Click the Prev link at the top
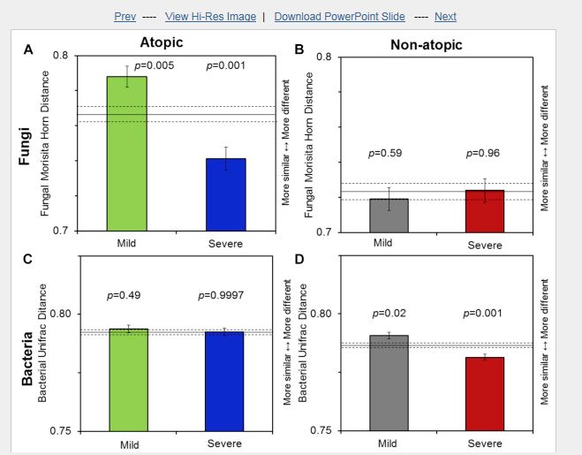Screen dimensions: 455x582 (x=125, y=17)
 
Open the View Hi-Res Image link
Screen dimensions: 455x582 (x=210, y=17)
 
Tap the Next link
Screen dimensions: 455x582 (x=445, y=17)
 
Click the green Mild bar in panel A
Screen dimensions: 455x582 (x=126, y=154)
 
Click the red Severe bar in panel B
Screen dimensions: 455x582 (x=483, y=211)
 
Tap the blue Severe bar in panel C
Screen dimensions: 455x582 (x=225, y=381)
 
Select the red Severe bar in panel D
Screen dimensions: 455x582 (x=483, y=394)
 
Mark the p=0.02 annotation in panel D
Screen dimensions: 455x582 (x=388, y=314)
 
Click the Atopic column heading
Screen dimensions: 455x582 (x=162, y=42)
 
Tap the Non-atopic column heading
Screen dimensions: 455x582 (x=426, y=44)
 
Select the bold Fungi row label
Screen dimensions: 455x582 (x=26, y=147)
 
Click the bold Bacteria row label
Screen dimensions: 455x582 (x=27, y=360)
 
